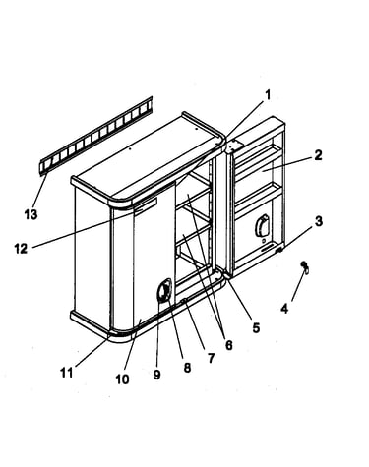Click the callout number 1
268,95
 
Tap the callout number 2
318,155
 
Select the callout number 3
319,221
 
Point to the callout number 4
284,309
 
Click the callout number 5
256,327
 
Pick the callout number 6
228,345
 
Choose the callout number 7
211,358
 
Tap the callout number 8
187,368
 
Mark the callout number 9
156,375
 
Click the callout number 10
122,379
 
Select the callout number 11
67,373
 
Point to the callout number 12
21,249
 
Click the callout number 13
31,214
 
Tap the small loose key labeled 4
305,267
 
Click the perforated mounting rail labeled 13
96,136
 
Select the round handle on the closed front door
164,290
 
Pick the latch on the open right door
262,226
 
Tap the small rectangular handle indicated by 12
146,206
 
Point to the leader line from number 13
40,191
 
